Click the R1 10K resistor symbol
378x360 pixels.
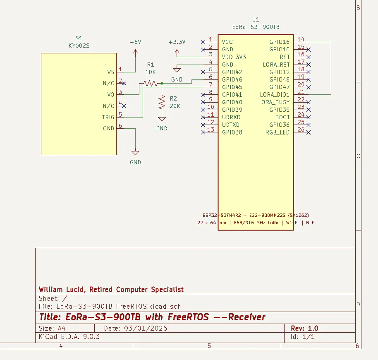coord(151,84)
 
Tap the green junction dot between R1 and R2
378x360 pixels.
coord(162,84)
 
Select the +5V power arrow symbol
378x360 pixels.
coord(136,52)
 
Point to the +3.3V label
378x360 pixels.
coord(177,42)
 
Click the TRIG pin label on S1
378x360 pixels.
coord(108,117)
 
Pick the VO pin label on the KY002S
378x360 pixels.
coord(111,94)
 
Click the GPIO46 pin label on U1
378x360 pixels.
coord(232,79)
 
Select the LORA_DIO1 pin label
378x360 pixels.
coord(275,94)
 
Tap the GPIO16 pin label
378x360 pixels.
coord(280,42)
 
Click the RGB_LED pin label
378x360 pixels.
coord(278,132)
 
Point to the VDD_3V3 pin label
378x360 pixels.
coord(234,57)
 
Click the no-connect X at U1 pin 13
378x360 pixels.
coord(203,132)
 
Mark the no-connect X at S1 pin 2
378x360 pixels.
coord(124,84)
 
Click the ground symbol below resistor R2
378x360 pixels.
coord(162,119)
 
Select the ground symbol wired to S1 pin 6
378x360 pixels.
coord(136,153)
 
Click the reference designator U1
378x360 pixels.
coord(256,19)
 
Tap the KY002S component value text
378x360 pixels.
coord(79,46)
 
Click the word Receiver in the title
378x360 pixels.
coord(247,317)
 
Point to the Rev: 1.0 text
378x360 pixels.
coord(304,329)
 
